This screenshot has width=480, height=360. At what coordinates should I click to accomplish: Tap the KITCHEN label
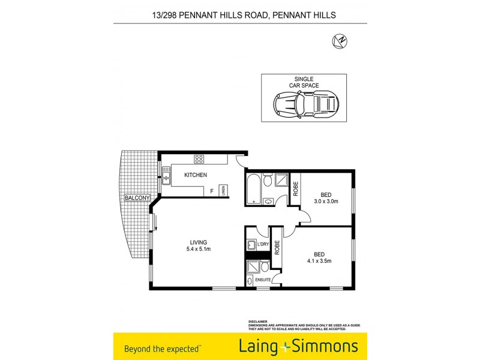click(196, 175)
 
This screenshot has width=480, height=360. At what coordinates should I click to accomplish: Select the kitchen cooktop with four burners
click(199, 159)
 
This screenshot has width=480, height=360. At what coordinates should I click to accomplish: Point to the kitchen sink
click(166, 178)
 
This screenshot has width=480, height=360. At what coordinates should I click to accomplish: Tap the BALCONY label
click(137, 197)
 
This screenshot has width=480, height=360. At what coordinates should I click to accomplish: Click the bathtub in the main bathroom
click(253, 188)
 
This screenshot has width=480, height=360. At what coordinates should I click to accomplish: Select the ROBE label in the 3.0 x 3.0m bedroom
click(295, 189)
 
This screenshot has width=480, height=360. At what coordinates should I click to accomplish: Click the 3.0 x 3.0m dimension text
click(326, 201)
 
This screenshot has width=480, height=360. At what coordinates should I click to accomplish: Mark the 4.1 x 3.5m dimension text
click(320, 260)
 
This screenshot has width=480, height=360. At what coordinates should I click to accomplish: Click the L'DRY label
click(263, 244)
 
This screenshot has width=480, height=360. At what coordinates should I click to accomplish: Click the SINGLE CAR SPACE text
click(304, 82)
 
